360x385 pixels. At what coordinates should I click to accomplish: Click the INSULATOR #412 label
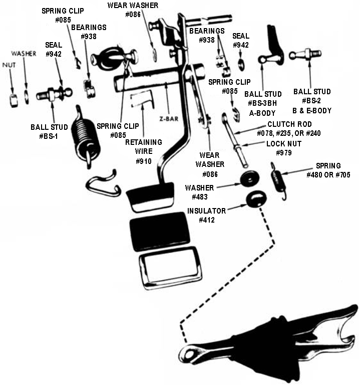pos(206,215)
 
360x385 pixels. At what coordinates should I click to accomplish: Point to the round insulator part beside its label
pos(255,199)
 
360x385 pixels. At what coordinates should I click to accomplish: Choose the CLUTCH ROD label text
pos(290,124)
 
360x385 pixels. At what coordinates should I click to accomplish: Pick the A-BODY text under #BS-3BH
pos(263,113)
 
